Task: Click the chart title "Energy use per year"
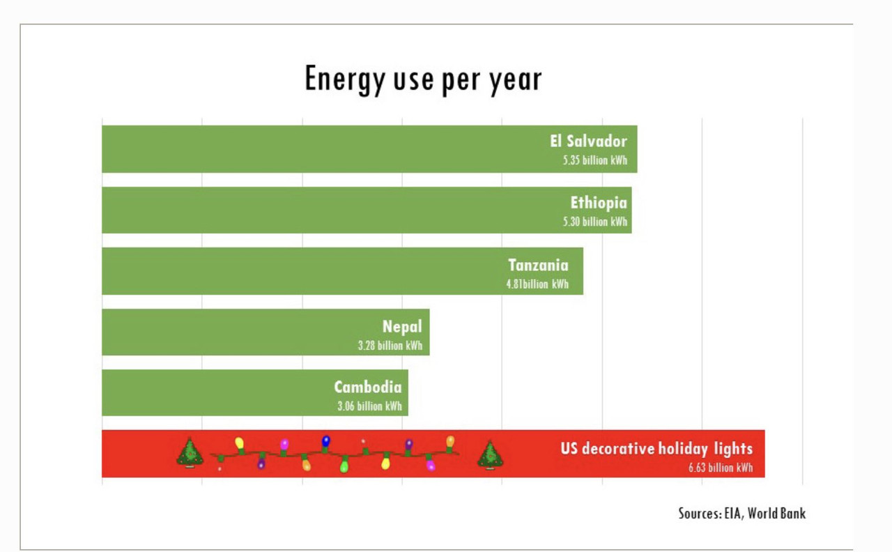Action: click(x=423, y=79)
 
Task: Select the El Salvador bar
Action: click(x=314, y=149)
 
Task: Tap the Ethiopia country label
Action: click(x=599, y=203)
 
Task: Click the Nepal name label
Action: click(x=402, y=326)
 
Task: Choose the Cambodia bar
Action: click(x=209, y=393)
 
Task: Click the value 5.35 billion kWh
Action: click(x=595, y=160)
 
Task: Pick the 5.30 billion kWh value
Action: click(x=595, y=222)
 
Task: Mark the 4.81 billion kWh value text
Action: click(x=537, y=284)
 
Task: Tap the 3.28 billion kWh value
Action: click(x=390, y=346)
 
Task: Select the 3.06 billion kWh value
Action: click(x=369, y=406)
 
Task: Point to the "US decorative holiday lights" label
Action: click(x=656, y=448)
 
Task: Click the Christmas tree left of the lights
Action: click(x=190, y=453)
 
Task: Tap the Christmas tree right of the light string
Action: click(x=491, y=454)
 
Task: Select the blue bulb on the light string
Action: click(x=325, y=441)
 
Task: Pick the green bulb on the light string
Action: click(x=344, y=465)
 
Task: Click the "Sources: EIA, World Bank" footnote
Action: click(x=741, y=514)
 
